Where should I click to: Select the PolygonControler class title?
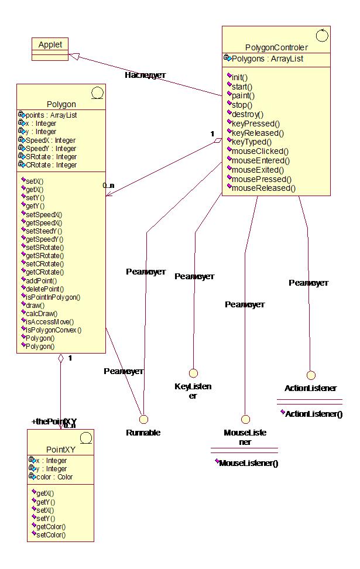tap(276, 47)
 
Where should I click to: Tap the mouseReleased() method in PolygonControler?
tap(264, 188)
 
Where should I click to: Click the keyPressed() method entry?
tap(256, 124)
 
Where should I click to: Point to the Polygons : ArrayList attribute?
tap(267, 59)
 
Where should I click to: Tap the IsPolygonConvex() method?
tap(53, 330)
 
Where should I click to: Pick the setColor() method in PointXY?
tap(50, 534)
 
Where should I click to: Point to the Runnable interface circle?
tap(143, 419)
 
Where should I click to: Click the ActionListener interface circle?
tap(311, 375)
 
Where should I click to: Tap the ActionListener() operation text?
tap(314, 414)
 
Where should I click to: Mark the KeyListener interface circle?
tap(192, 373)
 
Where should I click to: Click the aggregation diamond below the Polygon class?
tap(60, 360)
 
